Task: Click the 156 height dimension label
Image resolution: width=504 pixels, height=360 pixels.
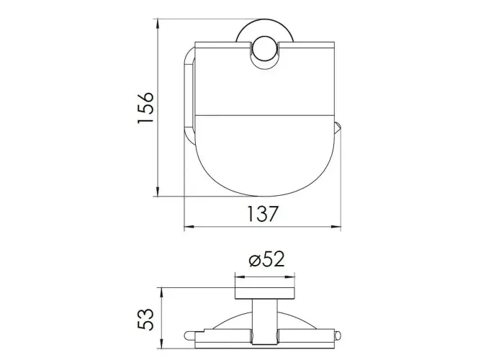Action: pos(145,107)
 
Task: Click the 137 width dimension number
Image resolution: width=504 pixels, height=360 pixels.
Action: pos(262,214)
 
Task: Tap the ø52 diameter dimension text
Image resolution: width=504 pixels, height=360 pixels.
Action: pos(267,259)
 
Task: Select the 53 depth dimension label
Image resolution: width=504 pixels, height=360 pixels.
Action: pos(145,319)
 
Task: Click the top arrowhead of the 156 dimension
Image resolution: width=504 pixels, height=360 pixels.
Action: pos(158,24)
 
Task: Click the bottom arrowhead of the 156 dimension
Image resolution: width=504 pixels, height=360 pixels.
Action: pos(158,192)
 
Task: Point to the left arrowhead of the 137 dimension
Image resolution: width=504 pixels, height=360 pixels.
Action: pos(189,228)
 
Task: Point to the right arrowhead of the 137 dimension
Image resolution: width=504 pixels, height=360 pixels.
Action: pos(336,228)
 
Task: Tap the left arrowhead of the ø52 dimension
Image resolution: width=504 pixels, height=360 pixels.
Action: pos(240,276)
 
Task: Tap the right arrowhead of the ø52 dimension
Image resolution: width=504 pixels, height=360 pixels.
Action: pos(290,276)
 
